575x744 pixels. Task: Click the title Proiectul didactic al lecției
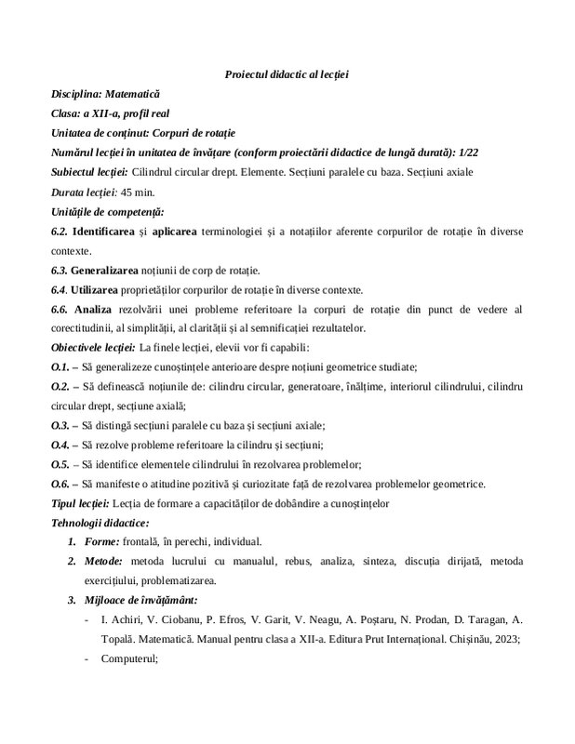287,74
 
